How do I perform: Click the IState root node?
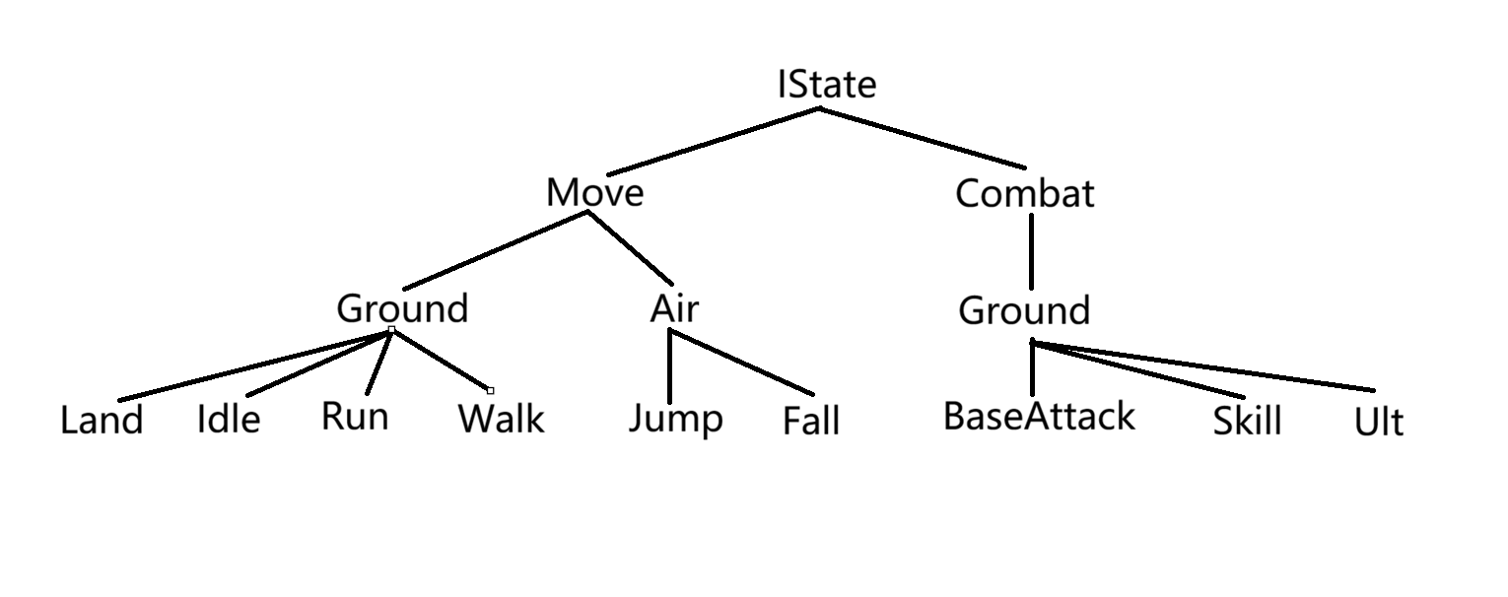point(826,85)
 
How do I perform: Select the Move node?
point(594,192)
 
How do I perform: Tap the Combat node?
point(1024,193)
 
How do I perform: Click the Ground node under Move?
point(402,308)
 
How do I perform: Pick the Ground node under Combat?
point(1024,311)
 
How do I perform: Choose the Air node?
point(674,308)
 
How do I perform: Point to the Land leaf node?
point(102,421)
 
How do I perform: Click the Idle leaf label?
point(229,420)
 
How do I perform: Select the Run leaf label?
point(355,417)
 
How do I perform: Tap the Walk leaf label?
point(501,420)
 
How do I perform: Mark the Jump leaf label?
point(676,419)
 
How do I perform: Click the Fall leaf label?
point(811,422)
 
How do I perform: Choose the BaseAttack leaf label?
point(1039,416)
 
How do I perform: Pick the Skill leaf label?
point(1247,422)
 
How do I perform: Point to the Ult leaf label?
point(1379,423)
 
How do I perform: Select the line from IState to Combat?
point(923,138)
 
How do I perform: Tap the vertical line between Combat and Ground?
point(1031,250)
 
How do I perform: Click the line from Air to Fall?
point(742,363)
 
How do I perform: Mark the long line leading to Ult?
point(1202,366)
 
